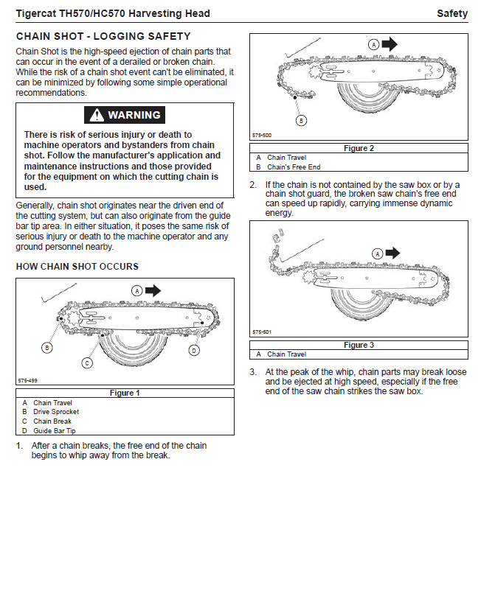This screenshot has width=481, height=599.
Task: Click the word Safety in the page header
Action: (x=451, y=13)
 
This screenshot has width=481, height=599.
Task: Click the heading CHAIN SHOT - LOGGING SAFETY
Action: (x=103, y=36)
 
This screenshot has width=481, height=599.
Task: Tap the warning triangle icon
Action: (x=96, y=115)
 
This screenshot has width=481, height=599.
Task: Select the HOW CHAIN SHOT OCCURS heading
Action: (x=77, y=266)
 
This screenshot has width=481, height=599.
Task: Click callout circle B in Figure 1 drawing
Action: (x=46, y=347)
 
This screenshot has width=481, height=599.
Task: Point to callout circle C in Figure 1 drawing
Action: (x=87, y=362)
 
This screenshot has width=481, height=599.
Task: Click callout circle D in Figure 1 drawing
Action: (x=194, y=350)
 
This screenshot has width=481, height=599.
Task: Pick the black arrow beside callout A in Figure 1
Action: (x=153, y=291)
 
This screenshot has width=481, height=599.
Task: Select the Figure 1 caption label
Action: (x=125, y=393)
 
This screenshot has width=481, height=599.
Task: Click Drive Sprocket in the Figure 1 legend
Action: (x=56, y=412)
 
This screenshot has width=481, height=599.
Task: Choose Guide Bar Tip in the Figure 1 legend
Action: (x=55, y=430)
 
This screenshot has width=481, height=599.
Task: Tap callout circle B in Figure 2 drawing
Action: (x=300, y=119)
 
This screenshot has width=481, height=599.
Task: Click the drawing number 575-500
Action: (x=262, y=136)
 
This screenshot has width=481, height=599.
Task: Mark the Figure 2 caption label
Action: (x=359, y=148)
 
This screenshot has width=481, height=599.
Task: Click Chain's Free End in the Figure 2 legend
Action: (x=294, y=167)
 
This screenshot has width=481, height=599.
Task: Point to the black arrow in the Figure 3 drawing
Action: (x=392, y=253)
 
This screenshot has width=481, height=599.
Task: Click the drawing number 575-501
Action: (x=262, y=332)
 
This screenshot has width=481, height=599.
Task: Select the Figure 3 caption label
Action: (x=359, y=345)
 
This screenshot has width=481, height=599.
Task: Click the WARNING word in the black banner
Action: (x=134, y=115)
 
